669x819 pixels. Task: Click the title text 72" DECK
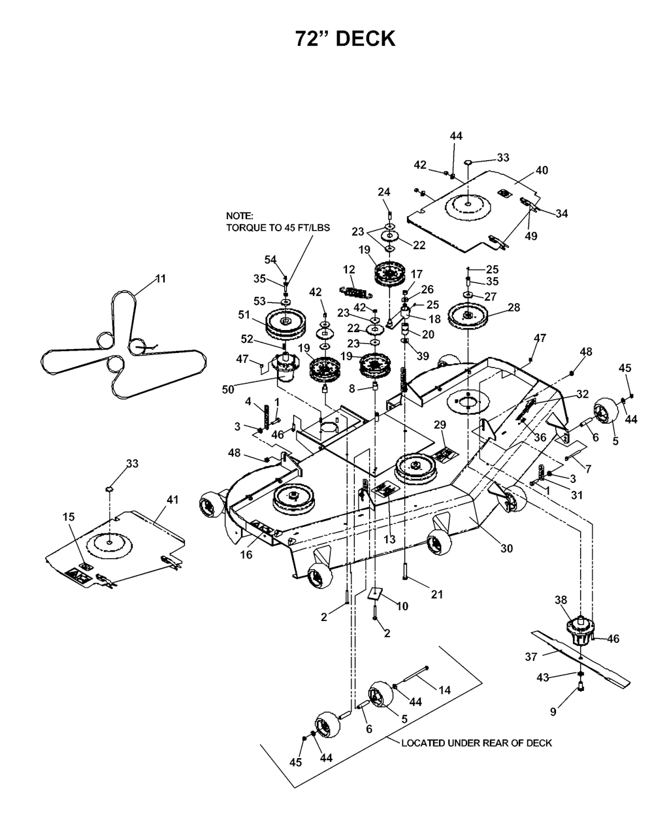point(345,39)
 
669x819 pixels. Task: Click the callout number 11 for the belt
point(161,278)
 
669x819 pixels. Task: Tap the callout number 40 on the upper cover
point(542,170)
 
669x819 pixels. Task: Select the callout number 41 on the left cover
point(172,499)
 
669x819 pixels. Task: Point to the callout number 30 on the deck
point(507,548)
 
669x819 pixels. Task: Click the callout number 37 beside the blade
point(530,657)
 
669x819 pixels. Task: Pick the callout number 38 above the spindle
point(561,601)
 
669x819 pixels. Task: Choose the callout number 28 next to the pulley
point(514,307)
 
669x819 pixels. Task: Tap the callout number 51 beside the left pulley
point(244,314)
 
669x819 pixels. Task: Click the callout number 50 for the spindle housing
point(228,390)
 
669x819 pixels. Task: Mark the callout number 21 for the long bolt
point(437,594)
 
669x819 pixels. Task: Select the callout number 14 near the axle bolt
point(444,690)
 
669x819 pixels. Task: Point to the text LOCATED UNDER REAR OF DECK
point(476,743)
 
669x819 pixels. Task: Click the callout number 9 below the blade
point(553,712)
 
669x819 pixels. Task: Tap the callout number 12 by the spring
point(349,269)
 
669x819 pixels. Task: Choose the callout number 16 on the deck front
point(246,554)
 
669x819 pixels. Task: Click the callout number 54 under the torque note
point(270,259)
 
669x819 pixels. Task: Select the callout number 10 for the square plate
point(402,606)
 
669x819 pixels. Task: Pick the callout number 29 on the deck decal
point(440,425)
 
